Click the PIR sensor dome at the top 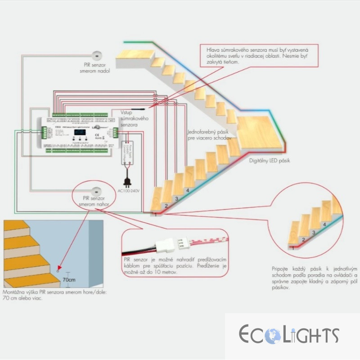pos(97,55)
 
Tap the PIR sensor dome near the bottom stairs pos(96,189)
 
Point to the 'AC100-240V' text pos(129,191)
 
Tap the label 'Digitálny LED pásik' pos(270,160)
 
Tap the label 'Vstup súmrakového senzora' pos(135,118)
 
